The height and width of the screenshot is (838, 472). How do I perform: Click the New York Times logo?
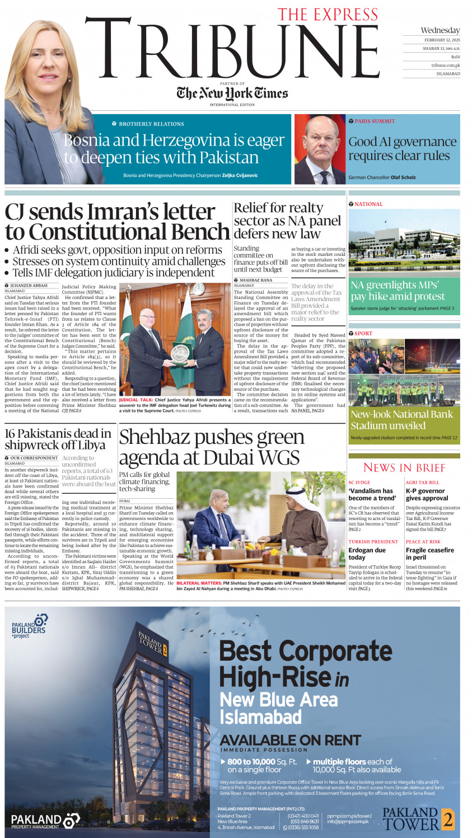[232, 93]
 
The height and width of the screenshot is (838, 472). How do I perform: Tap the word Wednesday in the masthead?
[440, 30]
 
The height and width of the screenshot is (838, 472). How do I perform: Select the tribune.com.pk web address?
[445, 65]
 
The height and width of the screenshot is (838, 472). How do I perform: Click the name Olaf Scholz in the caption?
[403, 177]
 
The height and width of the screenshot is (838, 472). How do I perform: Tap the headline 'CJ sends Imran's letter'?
[110, 212]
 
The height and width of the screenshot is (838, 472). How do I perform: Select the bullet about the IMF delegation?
[114, 273]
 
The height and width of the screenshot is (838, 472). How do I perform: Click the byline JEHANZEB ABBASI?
[29, 285]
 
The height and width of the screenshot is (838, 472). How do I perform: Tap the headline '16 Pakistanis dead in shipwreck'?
[58, 439]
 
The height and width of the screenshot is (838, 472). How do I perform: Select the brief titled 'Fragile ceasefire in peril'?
[429, 554]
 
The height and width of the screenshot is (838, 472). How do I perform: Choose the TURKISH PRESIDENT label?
[373, 542]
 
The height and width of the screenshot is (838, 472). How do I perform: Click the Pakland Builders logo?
[31, 626]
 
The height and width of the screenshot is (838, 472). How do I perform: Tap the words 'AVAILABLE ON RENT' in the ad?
[290, 740]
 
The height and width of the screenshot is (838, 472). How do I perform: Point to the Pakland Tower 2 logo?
[418, 818]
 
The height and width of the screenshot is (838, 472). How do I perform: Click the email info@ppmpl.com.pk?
[348, 821]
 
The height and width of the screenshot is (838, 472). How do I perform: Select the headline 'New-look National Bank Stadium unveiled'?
[401, 420]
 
